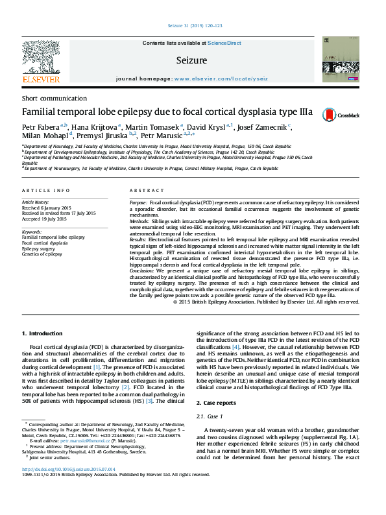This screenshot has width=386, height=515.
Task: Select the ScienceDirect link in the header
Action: [x=224, y=43]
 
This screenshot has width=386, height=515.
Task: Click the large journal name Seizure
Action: [x=191, y=60]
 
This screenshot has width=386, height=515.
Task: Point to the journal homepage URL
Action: [x=220, y=78]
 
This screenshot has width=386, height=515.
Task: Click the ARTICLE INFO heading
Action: [x=45, y=191]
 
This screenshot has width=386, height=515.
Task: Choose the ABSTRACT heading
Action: [x=142, y=191]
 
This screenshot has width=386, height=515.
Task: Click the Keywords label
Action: [x=32, y=232]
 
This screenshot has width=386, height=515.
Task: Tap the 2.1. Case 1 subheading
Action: [x=213, y=416]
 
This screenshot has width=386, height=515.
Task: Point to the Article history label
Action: [x=36, y=202]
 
